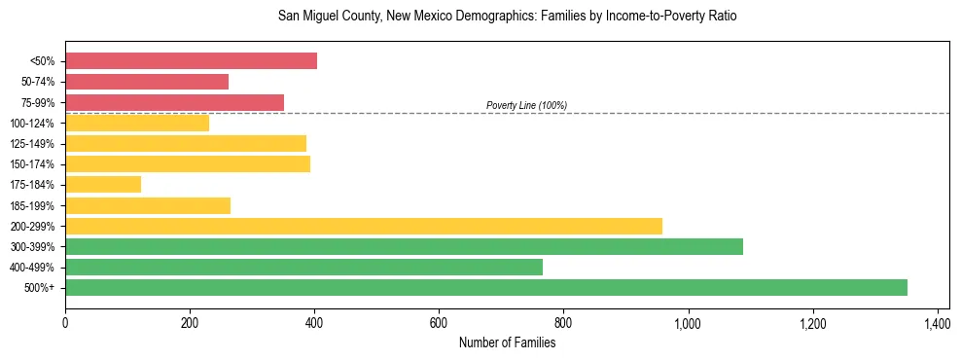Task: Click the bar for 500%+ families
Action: pyautogui.click(x=486, y=287)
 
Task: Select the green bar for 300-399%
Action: pyautogui.click(x=404, y=246)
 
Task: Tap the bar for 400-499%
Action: pyautogui.click(x=303, y=267)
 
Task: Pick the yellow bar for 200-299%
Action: pyautogui.click(x=364, y=226)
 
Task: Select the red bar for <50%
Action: pyautogui.click(x=191, y=61)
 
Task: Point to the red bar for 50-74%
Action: pyautogui.click(x=147, y=82)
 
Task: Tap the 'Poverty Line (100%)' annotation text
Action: pyautogui.click(x=526, y=105)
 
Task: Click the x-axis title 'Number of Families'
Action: pyautogui.click(x=507, y=342)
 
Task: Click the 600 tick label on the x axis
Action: pyautogui.click(x=439, y=322)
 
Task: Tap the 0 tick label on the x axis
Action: pyautogui.click(x=65, y=322)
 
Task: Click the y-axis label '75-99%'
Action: pyautogui.click(x=37, y=102)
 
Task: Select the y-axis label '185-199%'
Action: pyautogui.click(x=33, y=205)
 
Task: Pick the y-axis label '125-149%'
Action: pyautogui.click(x=33, y=143)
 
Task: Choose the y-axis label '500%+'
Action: pyautogui.click(x=39, y=287)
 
